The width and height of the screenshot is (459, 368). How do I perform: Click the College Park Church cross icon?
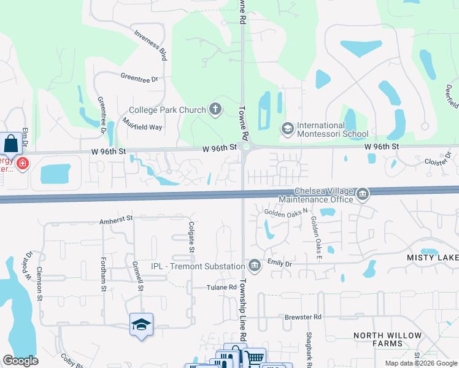pos(215,110)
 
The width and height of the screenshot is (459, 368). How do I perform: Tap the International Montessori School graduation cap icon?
pos(287,128)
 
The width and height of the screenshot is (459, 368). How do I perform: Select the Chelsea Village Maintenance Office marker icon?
pos(362,194)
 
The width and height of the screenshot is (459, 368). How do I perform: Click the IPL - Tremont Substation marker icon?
pos(254,266)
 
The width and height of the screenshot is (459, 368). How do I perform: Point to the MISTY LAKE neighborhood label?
pos(432,258)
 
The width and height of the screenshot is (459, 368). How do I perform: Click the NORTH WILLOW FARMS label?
pos(387,340)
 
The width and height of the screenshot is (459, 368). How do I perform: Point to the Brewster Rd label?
pos(303,316)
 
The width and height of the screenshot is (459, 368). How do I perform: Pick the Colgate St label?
pos(191,238)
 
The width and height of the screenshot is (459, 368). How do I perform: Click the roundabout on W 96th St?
pos(246,147)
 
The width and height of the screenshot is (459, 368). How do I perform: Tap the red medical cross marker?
pos(23,164)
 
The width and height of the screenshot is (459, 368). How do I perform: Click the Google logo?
pos(20,361)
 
